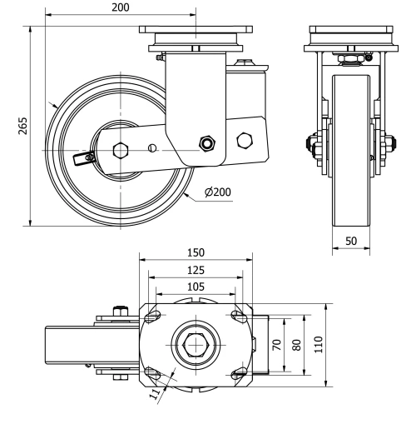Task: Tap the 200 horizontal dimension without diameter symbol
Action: coord(120,7)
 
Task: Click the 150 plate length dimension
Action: coord(196,252)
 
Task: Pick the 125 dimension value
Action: coord(196,270)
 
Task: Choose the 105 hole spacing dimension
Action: coord(196,287)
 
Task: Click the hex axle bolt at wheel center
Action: coord(120,151)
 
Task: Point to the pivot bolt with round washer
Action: coord(206,143)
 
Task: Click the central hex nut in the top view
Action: coord(196,343)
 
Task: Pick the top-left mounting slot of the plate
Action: coord(152,316)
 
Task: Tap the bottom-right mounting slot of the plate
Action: coord(239,372)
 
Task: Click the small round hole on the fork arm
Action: coord(151,148)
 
